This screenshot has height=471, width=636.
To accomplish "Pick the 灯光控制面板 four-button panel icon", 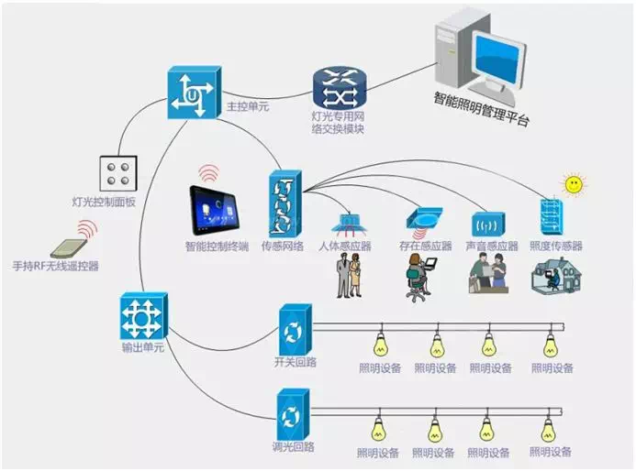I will click(x=118, y=174).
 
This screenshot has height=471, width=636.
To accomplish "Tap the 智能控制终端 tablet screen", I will click(x=217, y=210).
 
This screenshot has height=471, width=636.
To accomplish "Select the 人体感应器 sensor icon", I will click(x=350, y=223).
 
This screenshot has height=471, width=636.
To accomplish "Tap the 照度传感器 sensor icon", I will click(x=552, y=216).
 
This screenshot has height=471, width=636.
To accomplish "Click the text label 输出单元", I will click(x=140, y=349).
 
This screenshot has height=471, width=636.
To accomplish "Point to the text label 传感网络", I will click(x=283, y=246).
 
